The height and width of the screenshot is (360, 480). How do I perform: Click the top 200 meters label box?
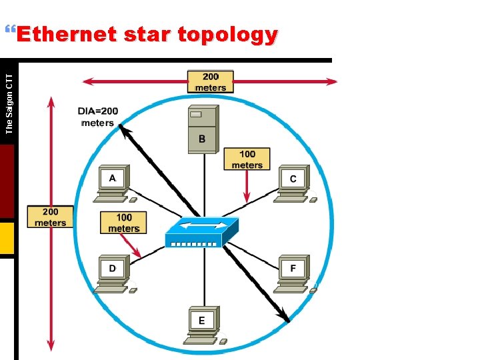coord(211,82)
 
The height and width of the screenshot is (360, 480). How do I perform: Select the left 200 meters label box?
coord(51,217)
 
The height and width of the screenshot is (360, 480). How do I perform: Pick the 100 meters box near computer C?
coord(247,159)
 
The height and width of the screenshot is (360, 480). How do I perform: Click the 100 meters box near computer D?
coord(123,223)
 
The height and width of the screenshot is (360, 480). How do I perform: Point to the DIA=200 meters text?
coord(97,117)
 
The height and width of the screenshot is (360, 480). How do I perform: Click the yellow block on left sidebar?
coord(7,239)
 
